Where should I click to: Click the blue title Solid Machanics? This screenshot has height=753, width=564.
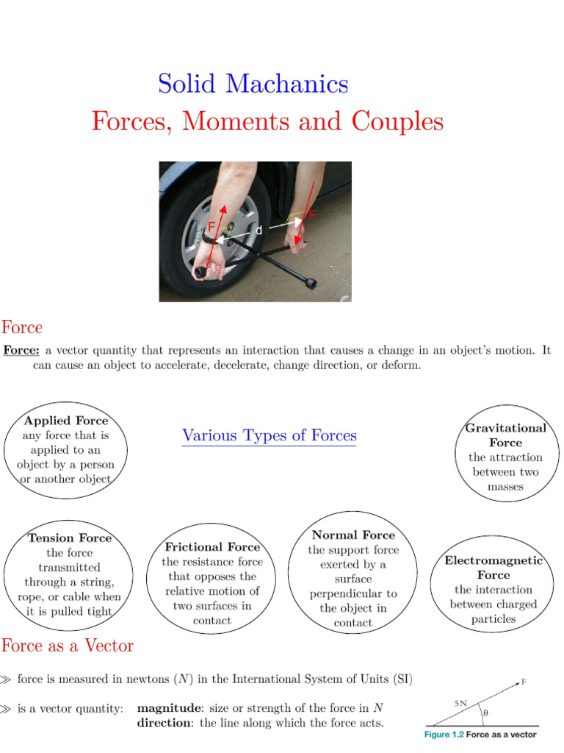tap(253, 84)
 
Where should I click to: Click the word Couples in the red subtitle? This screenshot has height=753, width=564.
tap(397, 121)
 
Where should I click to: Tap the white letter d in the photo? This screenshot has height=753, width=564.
tap(258, 230)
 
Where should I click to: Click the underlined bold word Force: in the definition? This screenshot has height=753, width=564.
tap(21, 351)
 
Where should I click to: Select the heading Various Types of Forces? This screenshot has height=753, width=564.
tap(269, 435)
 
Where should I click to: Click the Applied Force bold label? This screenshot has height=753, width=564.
tap(65, 421)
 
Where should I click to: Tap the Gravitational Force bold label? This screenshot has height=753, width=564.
tap(505, 435)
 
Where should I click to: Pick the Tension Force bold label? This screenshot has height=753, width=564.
tap(70, 538)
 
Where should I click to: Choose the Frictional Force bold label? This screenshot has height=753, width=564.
tap(212, 547)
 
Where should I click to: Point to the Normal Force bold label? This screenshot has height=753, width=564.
tap(353, 535)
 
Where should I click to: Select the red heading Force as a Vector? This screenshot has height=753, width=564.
tap(67, 646)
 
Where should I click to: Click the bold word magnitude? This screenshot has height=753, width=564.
tap(170, 708)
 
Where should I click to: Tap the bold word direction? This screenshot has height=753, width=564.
tap(165, 723)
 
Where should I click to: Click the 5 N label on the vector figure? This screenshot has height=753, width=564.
tap(460, 703)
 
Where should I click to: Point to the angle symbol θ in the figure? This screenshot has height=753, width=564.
tap(484, 713)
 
